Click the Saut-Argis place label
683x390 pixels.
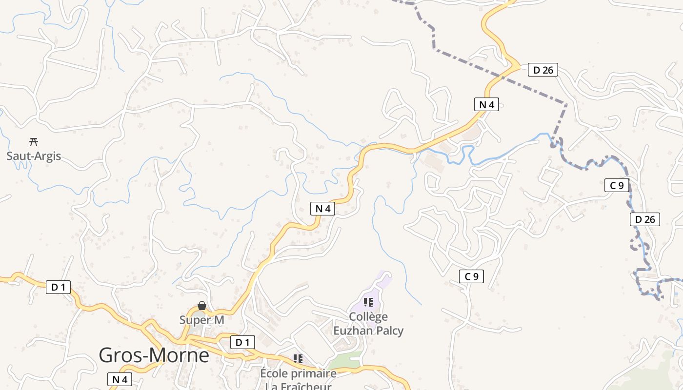point(34,156)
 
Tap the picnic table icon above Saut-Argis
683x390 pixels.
point(34,142)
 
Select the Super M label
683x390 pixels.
point(201,320)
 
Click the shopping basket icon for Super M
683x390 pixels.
point(201,306)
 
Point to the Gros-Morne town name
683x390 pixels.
point(154,355)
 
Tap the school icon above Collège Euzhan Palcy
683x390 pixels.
point(368,302)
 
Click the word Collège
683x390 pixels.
point(368,316)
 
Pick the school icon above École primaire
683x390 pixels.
point(298,359)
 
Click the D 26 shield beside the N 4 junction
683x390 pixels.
point(543,70)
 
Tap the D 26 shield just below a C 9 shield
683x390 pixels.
point(644,219)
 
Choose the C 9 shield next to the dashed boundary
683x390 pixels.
point(617,185)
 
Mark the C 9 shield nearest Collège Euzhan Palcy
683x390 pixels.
point(471,276)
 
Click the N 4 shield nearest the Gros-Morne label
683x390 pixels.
point(120,379)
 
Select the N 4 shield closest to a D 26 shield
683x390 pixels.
point(486,104)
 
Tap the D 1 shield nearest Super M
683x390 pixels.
point(242,342)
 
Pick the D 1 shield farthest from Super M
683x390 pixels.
point(58,287)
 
